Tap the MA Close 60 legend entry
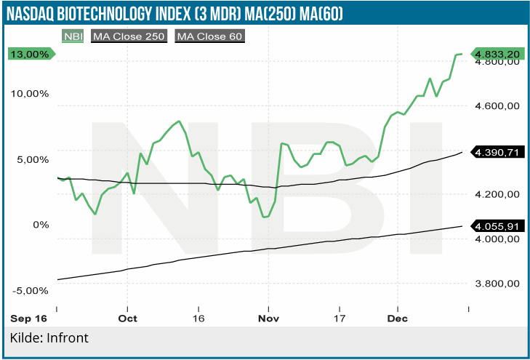pos(209,36)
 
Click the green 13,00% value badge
pos(30,54)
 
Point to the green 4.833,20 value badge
pos(497,54)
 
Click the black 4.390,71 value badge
pos(497,152)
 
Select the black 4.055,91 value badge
pos(497,226)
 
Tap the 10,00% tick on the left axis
pos(28,94)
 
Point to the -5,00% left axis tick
pos(30,290)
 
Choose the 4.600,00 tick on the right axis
pos(496,106)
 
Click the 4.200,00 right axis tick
pos(496,194)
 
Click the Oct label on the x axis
pos(128,319)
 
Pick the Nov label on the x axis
pos(269,319)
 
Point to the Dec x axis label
pos(398,319)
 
